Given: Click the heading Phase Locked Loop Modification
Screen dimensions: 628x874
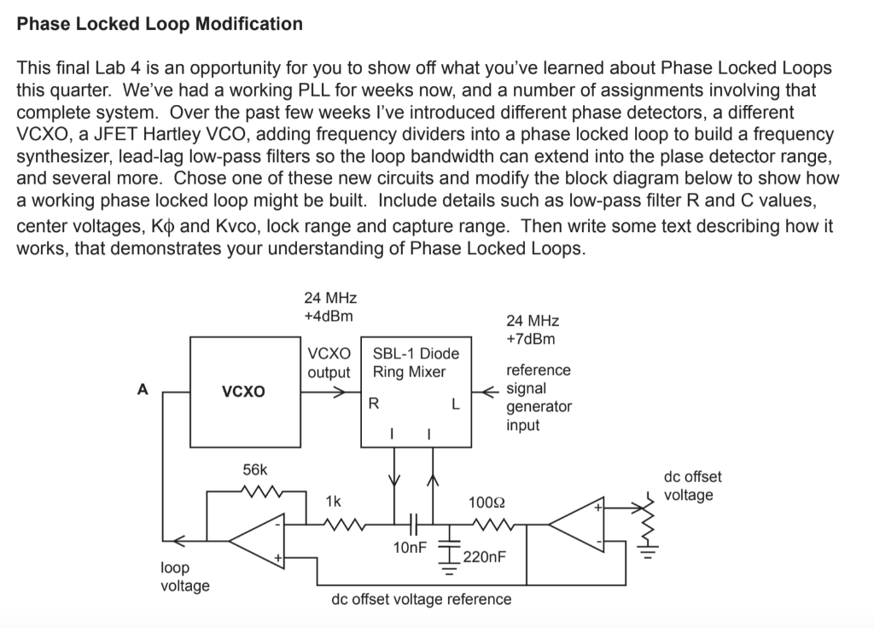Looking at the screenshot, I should click(160, 24).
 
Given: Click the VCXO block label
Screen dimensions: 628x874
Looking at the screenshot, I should click(243, 392).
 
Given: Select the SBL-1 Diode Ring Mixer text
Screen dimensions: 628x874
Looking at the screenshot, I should click(416, 363).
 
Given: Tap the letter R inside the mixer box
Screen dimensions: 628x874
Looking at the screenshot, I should click(372, 404).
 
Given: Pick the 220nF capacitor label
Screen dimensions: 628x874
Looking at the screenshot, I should click(483, 558).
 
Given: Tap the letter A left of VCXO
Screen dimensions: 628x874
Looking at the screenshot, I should click(143, 389).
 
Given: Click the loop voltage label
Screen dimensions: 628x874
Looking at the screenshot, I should click(184, 576).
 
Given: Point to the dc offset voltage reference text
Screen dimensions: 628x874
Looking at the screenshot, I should click(421, 599).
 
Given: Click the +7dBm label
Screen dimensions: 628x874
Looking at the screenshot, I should click(530, 339).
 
